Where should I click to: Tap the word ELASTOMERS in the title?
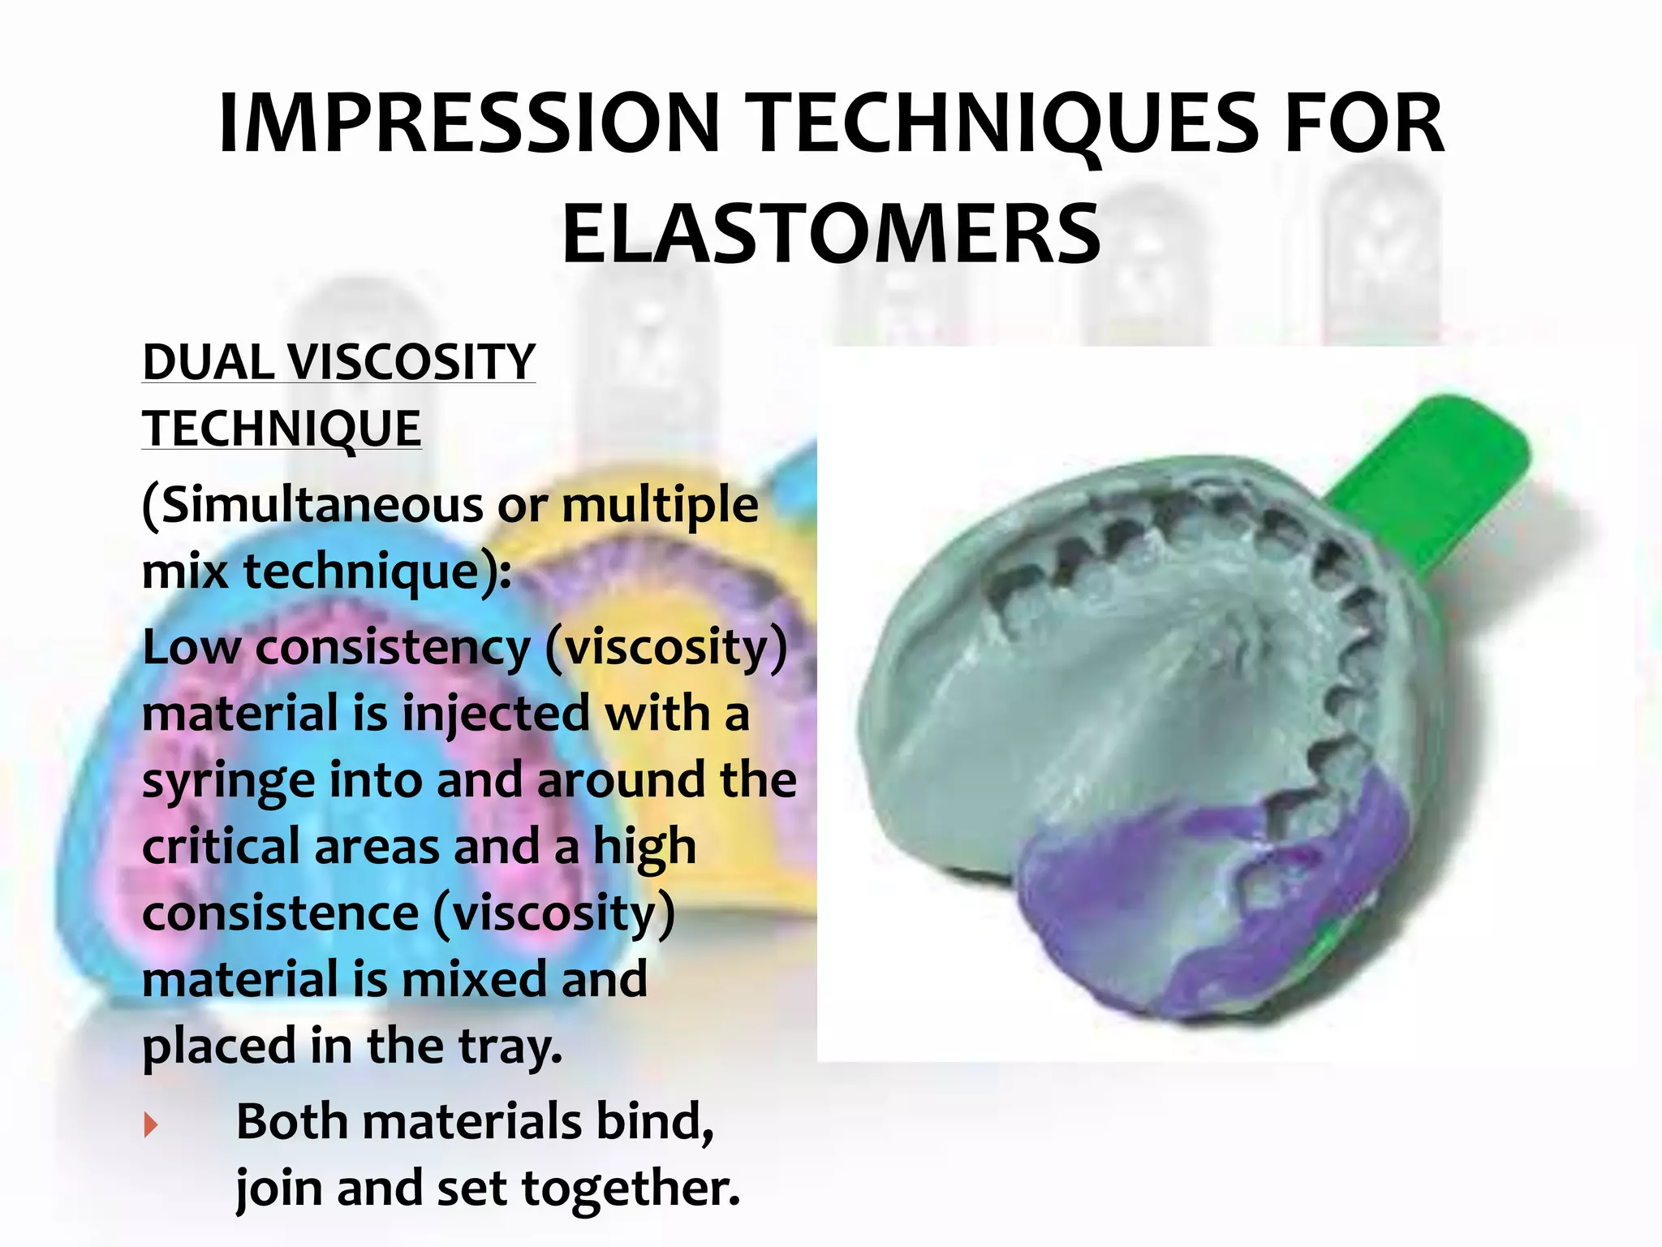[x=831, y=235]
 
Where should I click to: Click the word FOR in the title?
[x=1364, y=124]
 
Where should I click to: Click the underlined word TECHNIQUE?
[x=282, y=428]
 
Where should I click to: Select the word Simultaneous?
[x=322, y=505]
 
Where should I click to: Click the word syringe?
[x=228, y=782]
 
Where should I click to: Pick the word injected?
[x=496, y=714]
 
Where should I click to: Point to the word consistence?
[x=280, y=913]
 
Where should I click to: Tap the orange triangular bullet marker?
[x=150, y=1125]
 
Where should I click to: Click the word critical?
[x=221, y=847]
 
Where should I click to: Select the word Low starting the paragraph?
[x=192, y=648]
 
